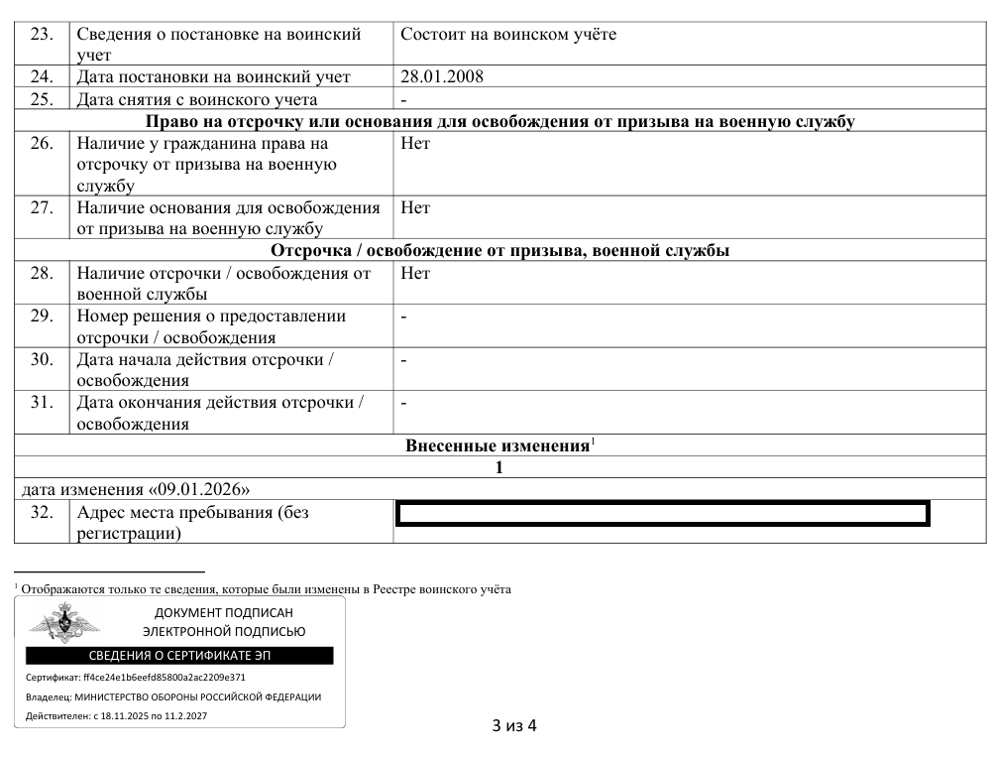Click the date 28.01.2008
tap(442, 76)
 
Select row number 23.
tap(42, 35)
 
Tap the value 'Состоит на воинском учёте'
tap(508, 35)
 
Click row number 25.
tap(42, 99)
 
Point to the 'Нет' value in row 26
tap(415, 144)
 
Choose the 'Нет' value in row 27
tap(415, 208)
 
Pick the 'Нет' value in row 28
tap(415, 274)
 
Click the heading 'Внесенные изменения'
tap(497, 446)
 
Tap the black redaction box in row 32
tap(661, 514)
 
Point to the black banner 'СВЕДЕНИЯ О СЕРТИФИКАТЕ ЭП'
tap(179, 656)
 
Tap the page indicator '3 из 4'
tap(514, 725)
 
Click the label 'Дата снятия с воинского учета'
tap(196, 99)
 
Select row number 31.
tap(42, 404)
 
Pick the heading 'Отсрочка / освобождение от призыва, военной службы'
tap(499, 251)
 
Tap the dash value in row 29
tap(404, 317)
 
